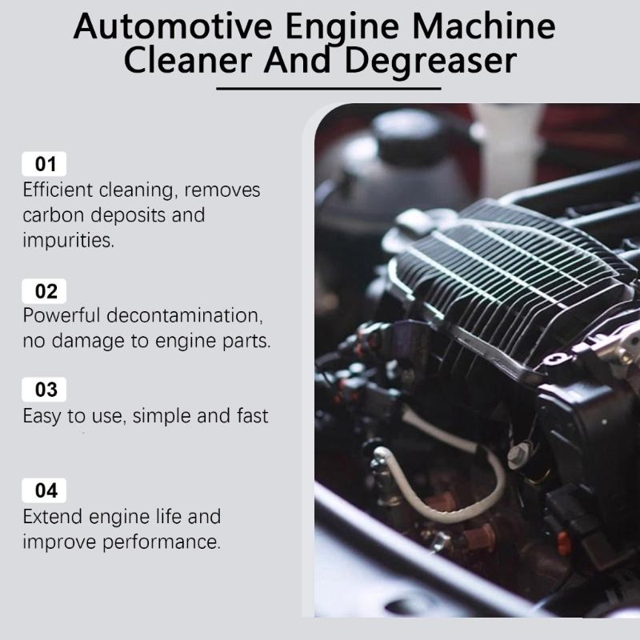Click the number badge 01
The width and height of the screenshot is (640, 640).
coord(46,166)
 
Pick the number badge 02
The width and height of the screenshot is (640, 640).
coord(46,291)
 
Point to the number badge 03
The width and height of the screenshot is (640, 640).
coord(46,390)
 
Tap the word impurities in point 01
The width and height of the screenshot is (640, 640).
coord(69,240)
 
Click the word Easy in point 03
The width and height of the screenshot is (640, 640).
coord(42,415)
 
